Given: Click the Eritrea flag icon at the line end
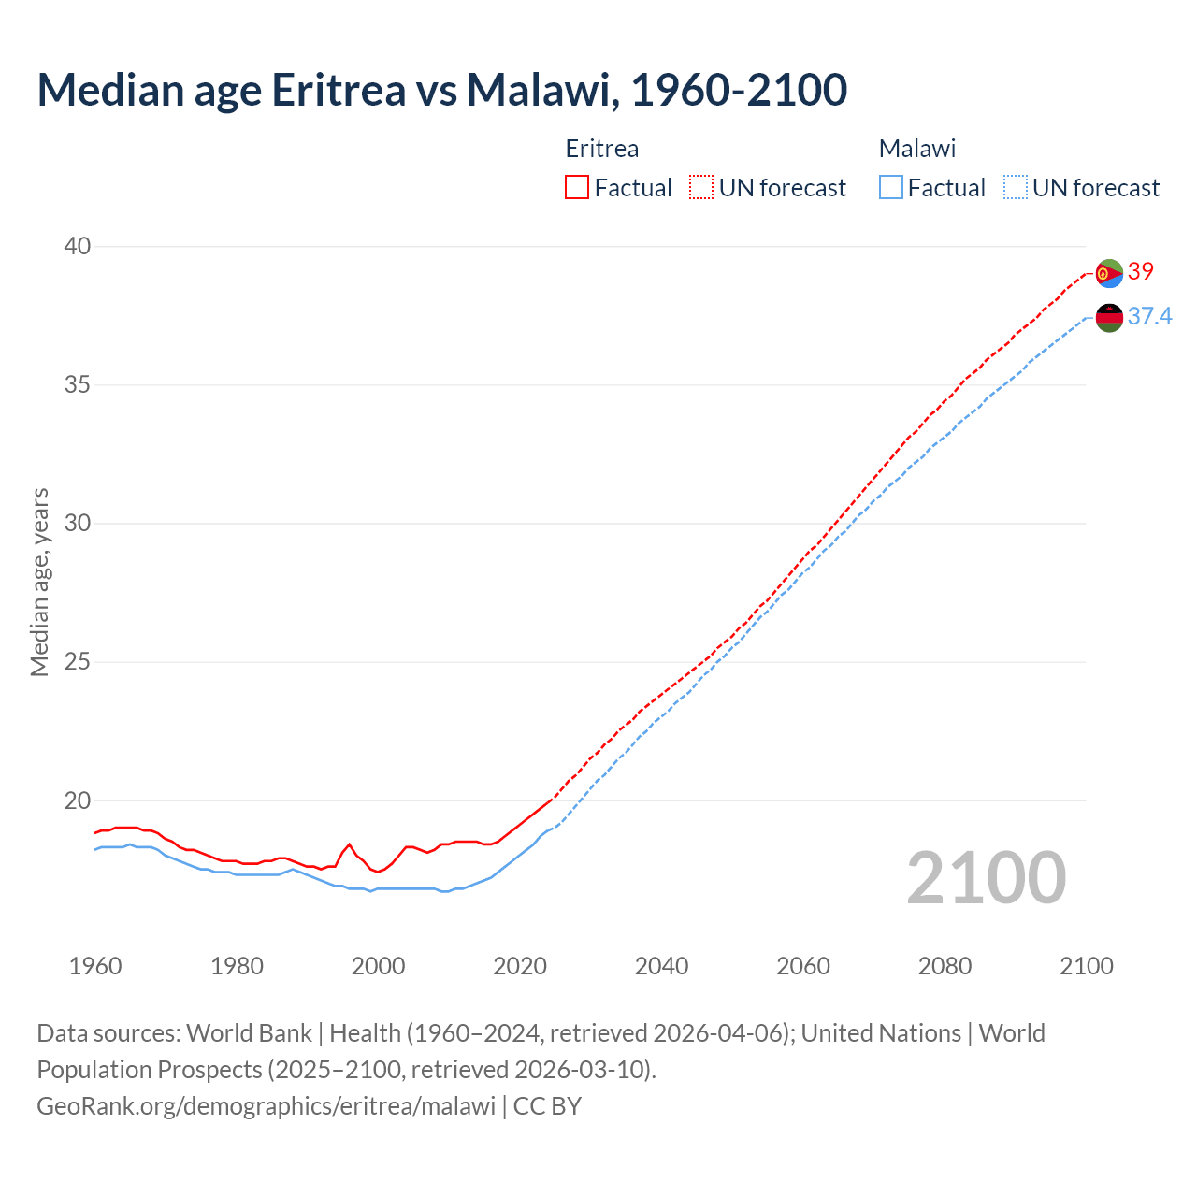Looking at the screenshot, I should tap(1109, 273).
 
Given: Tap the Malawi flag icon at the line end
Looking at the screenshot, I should tap(1109, 318).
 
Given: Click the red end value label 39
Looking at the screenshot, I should tap(1141, 271).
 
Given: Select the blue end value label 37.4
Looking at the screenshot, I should tap(1149, 317).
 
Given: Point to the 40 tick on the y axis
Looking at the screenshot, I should tap(78, 246).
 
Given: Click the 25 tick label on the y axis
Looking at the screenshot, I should tap(78, 662).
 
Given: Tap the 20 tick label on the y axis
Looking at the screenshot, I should tap(78, 800).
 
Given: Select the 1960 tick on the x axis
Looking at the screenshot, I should tap(95, 966).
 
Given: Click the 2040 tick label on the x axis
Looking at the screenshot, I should tap(661, 966).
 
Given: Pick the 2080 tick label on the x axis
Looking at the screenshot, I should tap(945, 966).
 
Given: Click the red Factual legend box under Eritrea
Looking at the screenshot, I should tap(577, 188).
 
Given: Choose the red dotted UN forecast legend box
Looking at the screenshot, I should tap(701, 188).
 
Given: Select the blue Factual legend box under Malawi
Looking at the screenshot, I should tap(890, 188).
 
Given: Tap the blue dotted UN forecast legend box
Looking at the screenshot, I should tap(1015, 188).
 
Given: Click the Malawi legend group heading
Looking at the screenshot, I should tap(916, 149).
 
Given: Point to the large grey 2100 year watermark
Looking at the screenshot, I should tap(986, 877).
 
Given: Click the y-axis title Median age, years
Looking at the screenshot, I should tap(39, 582).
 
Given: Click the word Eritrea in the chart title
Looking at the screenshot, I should tap(339, 90).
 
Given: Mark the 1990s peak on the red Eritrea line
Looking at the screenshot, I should tap(349, 844).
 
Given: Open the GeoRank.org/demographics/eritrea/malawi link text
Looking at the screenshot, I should tap(266, 1106).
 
